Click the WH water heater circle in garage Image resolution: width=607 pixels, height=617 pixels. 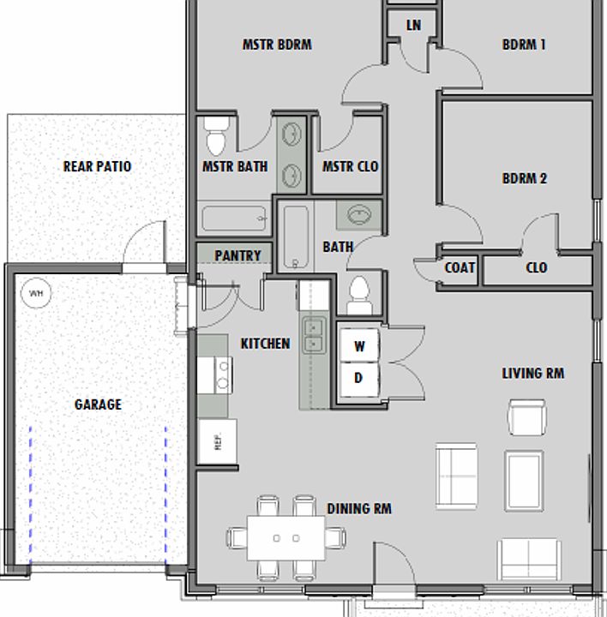pos(36,293)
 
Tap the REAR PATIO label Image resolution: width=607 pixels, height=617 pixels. pos(97,166)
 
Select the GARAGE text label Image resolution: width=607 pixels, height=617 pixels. pos(98,404)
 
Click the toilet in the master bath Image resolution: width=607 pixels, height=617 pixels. pos(216,135)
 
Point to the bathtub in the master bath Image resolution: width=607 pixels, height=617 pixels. pos(235,219)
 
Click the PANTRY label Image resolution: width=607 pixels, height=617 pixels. pos(237,255)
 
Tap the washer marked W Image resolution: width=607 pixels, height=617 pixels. pos(359,346)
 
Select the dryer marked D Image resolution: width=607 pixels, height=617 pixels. pos(359,379)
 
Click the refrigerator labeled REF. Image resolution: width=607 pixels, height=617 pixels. pos(218,441)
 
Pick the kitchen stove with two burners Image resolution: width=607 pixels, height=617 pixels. pos(215,375)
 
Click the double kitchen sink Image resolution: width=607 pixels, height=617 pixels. pos(314,336)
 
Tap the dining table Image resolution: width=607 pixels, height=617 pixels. pos(286,538)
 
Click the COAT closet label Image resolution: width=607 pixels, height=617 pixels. pos(460,268)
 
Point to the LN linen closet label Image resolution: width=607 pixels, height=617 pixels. pos(413,25)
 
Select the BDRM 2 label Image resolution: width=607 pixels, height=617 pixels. pos(525,178)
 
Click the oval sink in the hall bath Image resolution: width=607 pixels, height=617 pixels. pos(359,215)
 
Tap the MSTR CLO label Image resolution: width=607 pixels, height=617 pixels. pos(351,166)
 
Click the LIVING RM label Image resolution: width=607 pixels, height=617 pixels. pos(533,374)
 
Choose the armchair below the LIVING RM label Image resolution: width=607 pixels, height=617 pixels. pos(527,417)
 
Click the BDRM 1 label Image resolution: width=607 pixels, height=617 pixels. pos(524,45)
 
